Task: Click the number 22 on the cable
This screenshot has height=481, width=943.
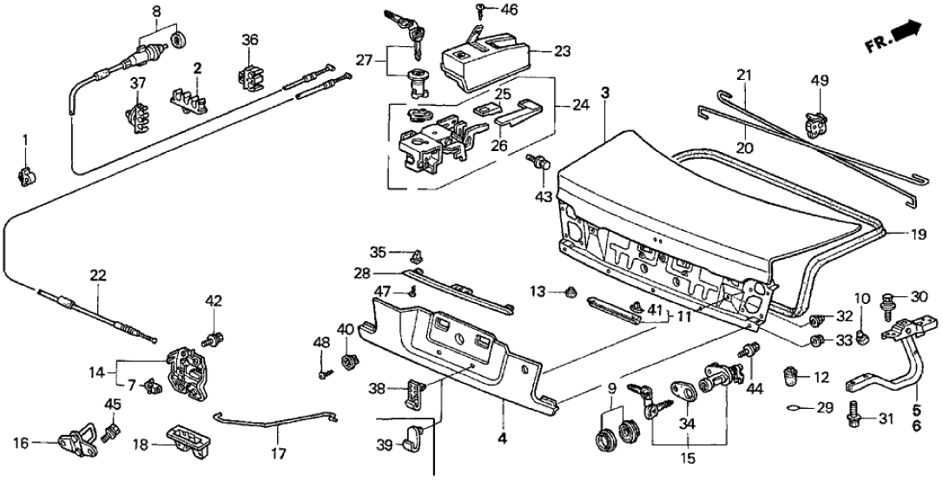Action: [97, 276]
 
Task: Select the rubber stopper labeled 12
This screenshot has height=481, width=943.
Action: [790, 376]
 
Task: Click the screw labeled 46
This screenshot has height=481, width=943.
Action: [480, 11]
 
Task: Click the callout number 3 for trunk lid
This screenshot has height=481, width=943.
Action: [606, 92]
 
